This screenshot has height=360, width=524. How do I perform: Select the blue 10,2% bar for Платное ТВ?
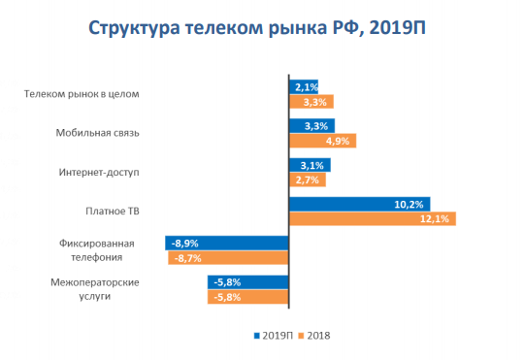(x=359, y=204)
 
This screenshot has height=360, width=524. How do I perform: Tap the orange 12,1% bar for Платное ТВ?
(x=372, y=218)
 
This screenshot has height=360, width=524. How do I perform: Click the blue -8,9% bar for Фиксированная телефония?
(x=227, y=243)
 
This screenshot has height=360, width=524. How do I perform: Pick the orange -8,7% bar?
(x=229, y=258)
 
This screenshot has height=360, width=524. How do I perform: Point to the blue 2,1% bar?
(x=304, y=86)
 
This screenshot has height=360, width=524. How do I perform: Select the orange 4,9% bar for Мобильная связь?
(x=323, y=141)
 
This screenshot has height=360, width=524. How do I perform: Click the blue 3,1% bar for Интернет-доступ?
(x=311, y=165)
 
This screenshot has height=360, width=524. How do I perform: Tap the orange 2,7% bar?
(x=308, y=180)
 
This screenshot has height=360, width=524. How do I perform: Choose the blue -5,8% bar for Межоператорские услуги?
(x=248, y=281)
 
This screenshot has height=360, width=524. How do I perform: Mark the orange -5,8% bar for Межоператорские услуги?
(x=248, y=297)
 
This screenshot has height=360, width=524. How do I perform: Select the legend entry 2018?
(x=315, y=336)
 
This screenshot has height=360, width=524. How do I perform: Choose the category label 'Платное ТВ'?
(x=114, y=211)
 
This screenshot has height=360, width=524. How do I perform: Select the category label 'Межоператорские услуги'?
(x=94, y=289)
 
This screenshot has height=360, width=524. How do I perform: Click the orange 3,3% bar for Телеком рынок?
(x=311, y=101)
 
